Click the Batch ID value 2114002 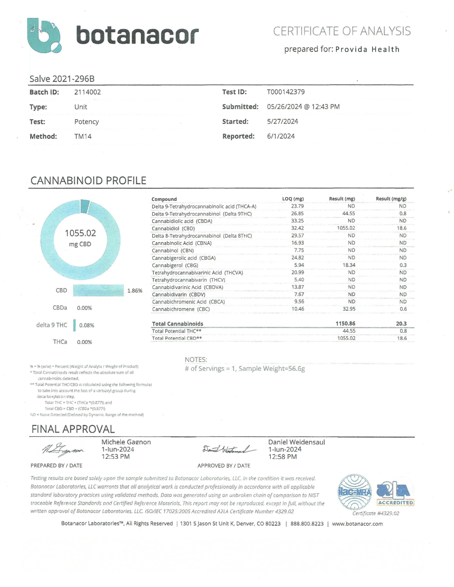pos(87,92)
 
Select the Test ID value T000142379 pos(286,92)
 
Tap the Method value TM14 pos(83,136)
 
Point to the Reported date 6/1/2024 pos(281,136)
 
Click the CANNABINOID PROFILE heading pos(88,181)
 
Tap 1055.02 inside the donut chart pos(80,233)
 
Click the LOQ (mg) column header pos(293,199)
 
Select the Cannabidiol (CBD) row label pos(173,229)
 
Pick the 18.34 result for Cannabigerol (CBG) pos(349,265)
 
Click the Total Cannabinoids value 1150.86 pos(345,324)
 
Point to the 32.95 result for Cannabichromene pos(349,309)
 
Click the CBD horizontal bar pos(98,290)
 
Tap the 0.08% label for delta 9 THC pos(86,325)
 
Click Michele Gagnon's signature pos(63,449)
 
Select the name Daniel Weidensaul pos(296,443)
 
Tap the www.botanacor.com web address pos(357,524)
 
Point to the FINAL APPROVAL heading pos(73,429)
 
